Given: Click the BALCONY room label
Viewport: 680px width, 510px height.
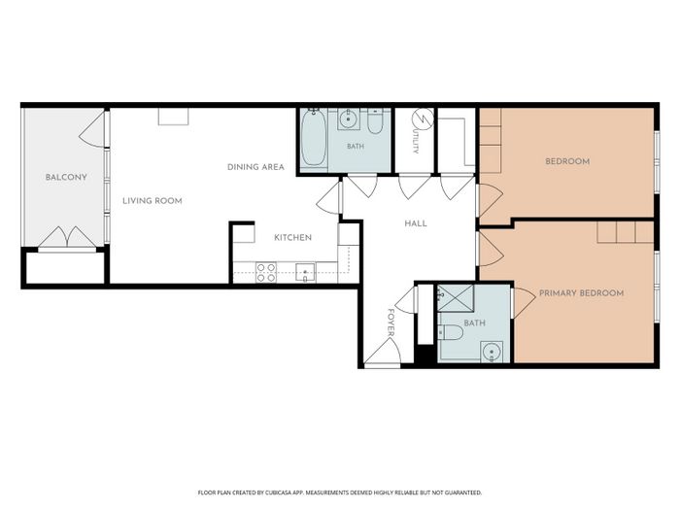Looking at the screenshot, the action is point(66,177).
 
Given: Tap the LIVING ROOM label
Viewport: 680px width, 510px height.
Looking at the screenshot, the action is point(153,201).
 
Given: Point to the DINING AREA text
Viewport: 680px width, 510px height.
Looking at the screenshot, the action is point(255,167).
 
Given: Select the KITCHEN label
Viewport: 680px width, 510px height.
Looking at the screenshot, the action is point(292,238).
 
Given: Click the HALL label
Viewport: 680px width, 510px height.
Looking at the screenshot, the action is point(416,223).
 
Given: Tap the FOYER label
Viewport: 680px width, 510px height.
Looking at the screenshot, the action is point(391,323).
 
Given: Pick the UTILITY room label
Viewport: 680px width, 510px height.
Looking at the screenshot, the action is point(416,140).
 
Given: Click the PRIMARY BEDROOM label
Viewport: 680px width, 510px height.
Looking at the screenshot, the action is point(581,293).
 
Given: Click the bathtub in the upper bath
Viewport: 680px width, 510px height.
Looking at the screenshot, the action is point(314,138).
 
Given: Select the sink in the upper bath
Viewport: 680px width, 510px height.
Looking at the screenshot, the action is point(348,118).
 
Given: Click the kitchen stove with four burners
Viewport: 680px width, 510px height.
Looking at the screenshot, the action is point(266,272).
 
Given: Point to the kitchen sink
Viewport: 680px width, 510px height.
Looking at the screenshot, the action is point(305,272).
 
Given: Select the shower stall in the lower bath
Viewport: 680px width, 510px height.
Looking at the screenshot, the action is point(455,298).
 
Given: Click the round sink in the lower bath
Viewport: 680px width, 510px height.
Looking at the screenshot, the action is point(492,352).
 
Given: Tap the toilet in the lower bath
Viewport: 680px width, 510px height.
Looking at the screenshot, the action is point(451,333).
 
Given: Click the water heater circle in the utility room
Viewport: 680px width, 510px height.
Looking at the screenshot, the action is point(423,119).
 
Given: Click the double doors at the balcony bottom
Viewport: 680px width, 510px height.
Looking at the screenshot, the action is point(67,238).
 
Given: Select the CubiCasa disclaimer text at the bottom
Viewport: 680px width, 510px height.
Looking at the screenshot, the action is point(340,493).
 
